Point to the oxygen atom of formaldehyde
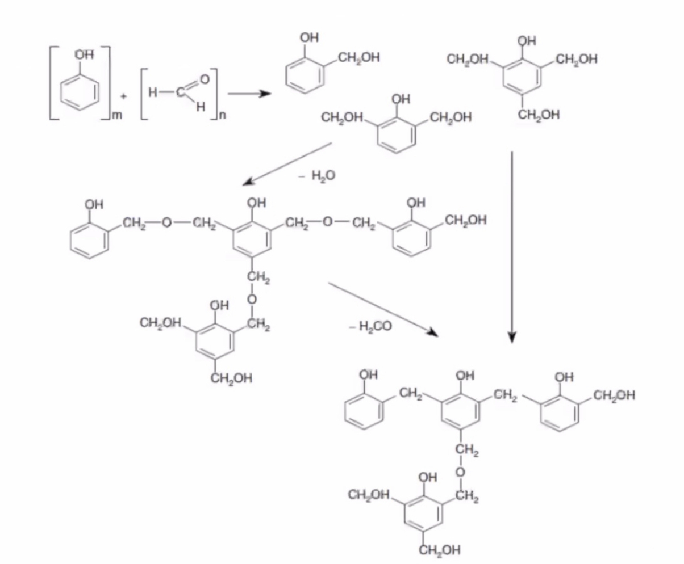pos(204,78)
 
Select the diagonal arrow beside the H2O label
pos(287,163)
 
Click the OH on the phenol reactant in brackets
pos(83,54)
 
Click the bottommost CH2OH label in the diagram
pos(440,549)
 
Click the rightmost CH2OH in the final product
pos(614,395)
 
